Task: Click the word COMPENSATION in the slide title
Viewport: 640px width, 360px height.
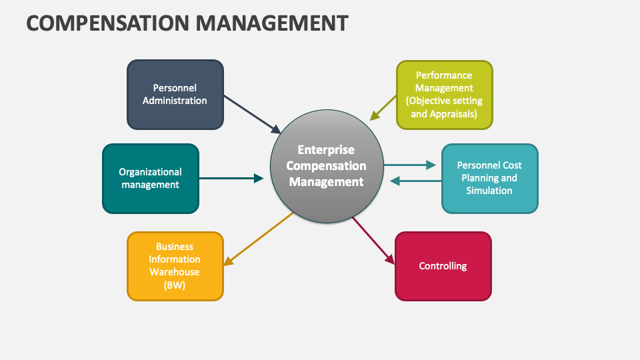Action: [x=107, y=23]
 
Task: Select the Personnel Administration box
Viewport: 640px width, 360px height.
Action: [x=175, y=94]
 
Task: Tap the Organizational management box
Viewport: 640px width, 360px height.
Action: [x=150, y=178]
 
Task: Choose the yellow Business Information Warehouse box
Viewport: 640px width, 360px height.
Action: [x=175, y=266]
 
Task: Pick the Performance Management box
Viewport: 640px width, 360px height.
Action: [x=444, y=94]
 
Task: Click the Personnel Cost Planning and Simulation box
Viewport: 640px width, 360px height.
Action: [x=489, y=178]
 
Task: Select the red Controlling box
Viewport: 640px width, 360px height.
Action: [x=443, y=266]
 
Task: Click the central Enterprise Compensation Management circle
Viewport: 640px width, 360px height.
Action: [x=326, y=167]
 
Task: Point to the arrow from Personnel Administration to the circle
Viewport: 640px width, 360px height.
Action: [x=252, y=113]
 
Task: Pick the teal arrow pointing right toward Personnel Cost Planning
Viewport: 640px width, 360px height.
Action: [x=411, y=165]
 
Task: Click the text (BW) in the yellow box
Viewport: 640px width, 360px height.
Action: [x=175, y=285]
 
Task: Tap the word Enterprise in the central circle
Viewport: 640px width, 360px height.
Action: [x=326, y=150]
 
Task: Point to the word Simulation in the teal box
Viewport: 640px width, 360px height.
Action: [x=489, y=191]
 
